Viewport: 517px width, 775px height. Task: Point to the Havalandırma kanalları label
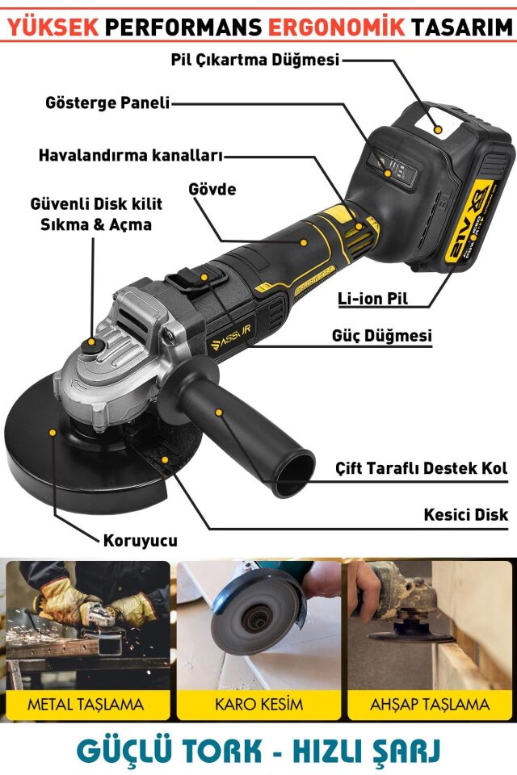(x=130, y=154)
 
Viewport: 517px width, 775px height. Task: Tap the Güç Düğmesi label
(x=381, y=335)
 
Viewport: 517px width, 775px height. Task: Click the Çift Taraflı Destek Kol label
(x=421, y=469)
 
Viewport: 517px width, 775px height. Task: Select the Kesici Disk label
(x=465, y=514)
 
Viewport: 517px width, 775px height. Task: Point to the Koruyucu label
(x=140, y=540)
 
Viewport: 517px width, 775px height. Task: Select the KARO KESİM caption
(x=258, y=703)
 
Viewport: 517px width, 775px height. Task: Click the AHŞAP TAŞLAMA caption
(x=430, y=703)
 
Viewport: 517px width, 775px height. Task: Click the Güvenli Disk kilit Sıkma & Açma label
(x=96, y=213)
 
